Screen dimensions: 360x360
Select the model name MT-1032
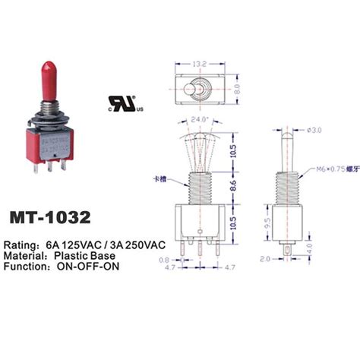tap(50, 216)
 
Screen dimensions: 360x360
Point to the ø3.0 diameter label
tap(314, 130)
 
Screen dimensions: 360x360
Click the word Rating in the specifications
tap(23, 246)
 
